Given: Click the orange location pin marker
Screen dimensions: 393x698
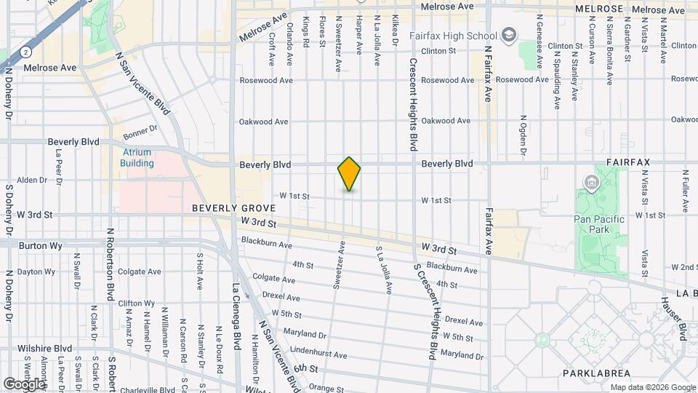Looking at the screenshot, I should click(350, 174).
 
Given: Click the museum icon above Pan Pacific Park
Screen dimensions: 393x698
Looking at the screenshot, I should click(590, 181).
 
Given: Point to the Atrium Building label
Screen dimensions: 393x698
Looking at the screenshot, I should click(137, 158).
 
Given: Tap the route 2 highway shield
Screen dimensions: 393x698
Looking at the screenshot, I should click(26, 52).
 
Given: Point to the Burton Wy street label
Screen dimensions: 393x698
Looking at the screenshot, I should click(38, 246).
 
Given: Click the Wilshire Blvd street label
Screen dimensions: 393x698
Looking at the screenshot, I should click(47, 349).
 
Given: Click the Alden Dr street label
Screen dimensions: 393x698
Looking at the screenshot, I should click(31, 180).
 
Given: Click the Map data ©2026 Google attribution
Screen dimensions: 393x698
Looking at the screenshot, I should click(652, 387).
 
